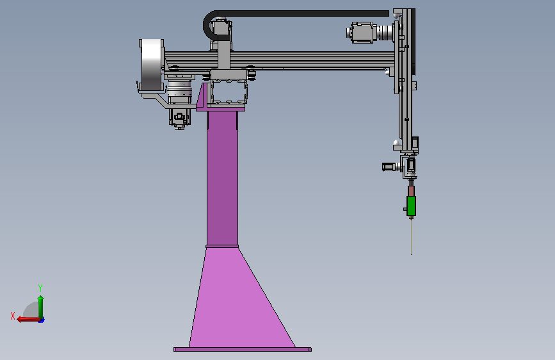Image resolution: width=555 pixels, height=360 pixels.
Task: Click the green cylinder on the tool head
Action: click(411, 206)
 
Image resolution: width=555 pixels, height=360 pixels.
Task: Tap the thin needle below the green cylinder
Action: click(412, 237)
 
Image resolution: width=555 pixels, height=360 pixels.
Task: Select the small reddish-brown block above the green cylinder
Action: click(412, 191)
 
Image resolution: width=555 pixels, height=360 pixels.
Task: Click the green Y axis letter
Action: click(40, 288)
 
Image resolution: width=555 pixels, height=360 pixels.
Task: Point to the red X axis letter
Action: click(13, 316)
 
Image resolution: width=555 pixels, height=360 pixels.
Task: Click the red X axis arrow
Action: click(28, 320)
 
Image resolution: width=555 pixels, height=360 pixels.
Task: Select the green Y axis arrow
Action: click(41, 307)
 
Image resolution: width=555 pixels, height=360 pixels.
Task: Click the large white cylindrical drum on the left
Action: click(152, 65)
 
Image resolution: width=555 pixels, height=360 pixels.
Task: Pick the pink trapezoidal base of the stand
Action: click(242, 298)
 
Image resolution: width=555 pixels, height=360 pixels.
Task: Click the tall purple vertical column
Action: click(222, 178)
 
